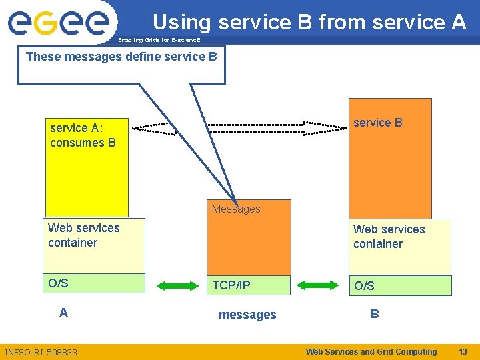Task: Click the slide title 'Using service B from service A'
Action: (309, 22)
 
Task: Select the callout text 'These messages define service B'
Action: (121, 57)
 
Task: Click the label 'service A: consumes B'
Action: (83, 135)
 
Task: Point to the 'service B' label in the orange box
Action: (377, 123)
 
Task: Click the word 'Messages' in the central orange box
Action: (236, 209)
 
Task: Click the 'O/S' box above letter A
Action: (94, 283)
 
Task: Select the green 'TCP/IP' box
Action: (249, 285)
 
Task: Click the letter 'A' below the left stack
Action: (63, 312)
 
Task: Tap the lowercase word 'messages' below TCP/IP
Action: (247, 315)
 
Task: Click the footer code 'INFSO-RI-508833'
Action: (41, 352)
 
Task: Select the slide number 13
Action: (463, 351)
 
